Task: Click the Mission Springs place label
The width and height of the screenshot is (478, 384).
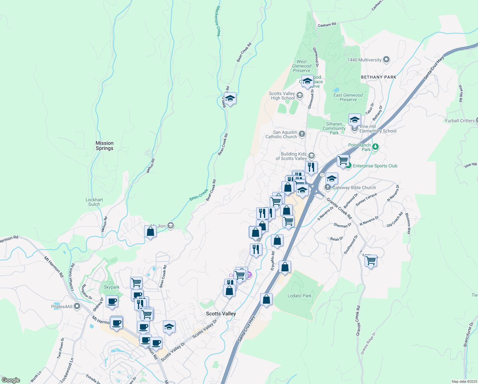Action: (x=104, y=146)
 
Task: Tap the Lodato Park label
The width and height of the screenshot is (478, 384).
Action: (x=299, y=296)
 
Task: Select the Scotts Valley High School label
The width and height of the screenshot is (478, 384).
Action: (x=282, y=96)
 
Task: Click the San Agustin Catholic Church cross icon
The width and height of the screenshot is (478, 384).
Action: (x=302, y=134)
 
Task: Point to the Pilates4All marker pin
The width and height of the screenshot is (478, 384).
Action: (x=77, y=306)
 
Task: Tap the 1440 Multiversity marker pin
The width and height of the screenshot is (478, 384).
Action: (x=386, y=60)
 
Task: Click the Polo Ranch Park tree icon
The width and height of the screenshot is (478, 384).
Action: (x=375, y=147)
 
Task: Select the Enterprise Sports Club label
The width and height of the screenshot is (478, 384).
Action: (x=375, y=166)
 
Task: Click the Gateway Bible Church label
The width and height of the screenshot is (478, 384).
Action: (x=354, y=188)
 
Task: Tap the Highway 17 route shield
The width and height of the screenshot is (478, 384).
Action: (x=322, y=175)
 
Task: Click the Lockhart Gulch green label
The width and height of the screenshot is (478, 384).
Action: (x=94, y=202)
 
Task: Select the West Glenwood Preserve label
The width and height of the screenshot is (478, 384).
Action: (x=302, y=66)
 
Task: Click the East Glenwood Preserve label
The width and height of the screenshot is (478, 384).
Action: (x=348, y=97)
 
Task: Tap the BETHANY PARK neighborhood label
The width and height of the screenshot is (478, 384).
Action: (x=378, y=77)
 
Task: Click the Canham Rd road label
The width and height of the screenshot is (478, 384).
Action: (x=327, y=25)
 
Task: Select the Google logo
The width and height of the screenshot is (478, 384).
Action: (x=11, y=380)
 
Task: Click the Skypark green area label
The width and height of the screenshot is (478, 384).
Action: (x=112, y=287)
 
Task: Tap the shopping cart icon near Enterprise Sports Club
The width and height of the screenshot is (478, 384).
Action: (x=343, y=160)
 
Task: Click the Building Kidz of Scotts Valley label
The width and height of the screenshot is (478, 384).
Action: (x=291, y=156)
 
